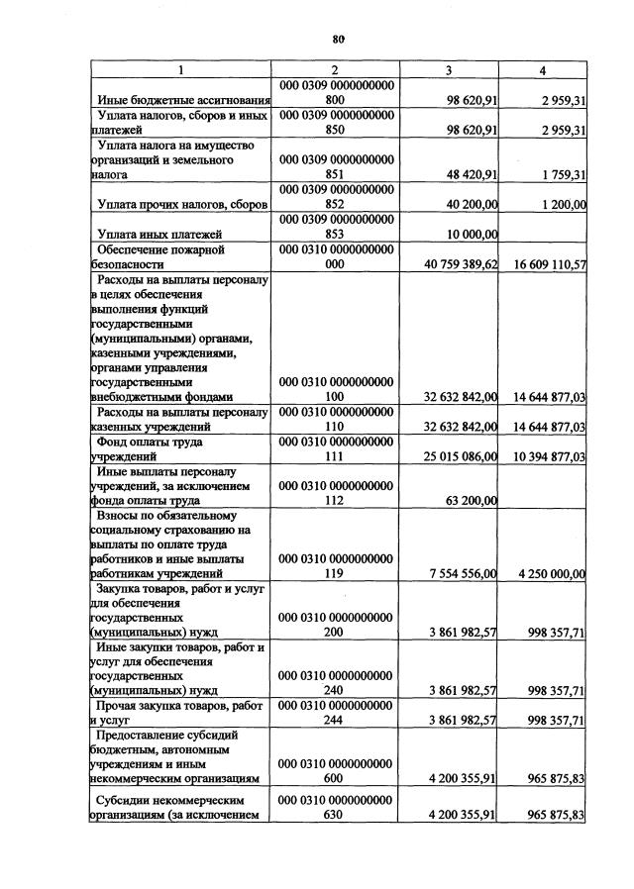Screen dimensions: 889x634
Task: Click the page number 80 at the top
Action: click(x=338, y=39)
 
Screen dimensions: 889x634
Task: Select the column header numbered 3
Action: click(x=449, y=70)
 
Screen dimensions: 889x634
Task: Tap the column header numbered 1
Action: click(x=180, y=70)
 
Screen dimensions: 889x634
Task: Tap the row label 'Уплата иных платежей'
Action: click(x=158, y=234)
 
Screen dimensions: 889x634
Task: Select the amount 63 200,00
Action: click(x=464, y=500)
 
